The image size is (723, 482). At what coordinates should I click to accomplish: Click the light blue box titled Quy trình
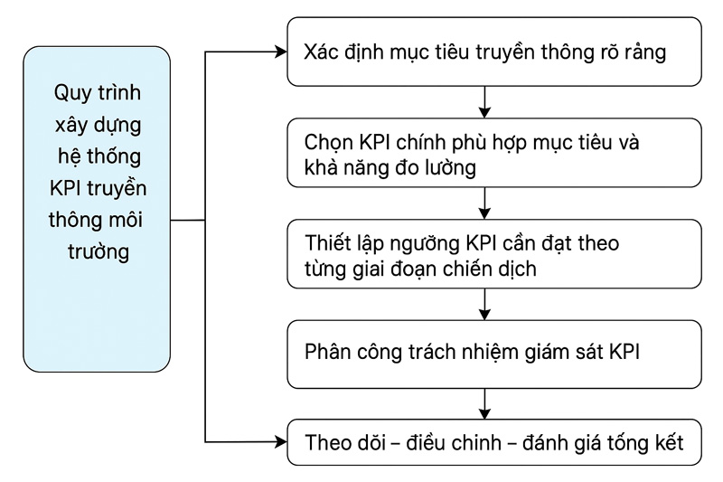point(97,209)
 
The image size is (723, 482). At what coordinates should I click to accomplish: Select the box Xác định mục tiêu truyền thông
point(485,52)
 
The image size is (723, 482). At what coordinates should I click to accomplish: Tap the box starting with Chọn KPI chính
point(485,155)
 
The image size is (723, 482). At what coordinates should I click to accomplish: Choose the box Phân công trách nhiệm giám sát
point(485,352)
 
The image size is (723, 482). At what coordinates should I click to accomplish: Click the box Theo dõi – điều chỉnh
point(485,443)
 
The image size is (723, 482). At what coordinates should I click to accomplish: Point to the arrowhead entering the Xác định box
point(279,52)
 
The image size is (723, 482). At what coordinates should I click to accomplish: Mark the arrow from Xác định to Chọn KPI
point(486,103)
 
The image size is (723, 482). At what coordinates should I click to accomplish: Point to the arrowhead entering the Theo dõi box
point(279,442)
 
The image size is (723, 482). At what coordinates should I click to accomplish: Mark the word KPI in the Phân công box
point(622,352)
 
